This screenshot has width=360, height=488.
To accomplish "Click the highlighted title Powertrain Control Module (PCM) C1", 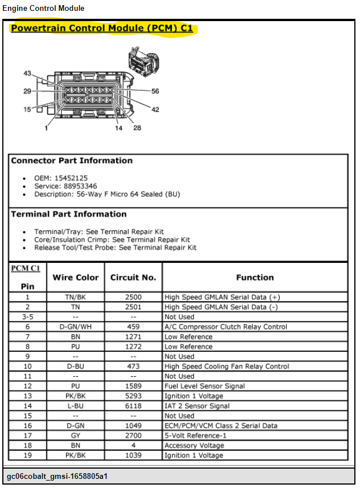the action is coord(102,29).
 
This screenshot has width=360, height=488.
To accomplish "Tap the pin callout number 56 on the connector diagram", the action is coord(155,91).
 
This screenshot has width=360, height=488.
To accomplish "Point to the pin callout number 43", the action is coord(27,73).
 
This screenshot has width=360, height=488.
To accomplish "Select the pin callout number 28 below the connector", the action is coord(137,128).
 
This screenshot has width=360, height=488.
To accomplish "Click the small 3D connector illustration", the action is coord(144,62).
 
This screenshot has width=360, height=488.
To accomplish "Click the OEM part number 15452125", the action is coord(71,178).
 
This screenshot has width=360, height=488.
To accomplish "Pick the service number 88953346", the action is coord(80,186).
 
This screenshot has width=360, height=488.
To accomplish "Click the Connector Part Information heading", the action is coord(72,161).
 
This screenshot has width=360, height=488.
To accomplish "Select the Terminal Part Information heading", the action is coord(69,214).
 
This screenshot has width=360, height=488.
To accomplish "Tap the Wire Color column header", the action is coord(76,277).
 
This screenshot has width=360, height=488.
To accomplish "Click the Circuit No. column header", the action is coord(133,277).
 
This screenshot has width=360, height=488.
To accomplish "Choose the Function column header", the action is coord(255,277).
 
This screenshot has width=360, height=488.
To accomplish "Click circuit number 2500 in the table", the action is coord(133,297).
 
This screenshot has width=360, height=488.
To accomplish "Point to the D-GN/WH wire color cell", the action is coord(76,327).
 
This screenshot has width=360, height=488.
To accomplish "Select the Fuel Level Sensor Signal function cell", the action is coord(204,386).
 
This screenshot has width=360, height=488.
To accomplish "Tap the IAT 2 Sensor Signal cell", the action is coord(197,406).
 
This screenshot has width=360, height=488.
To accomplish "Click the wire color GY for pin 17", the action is coord(76,436).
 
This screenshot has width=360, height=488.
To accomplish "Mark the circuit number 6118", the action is coord(133,406).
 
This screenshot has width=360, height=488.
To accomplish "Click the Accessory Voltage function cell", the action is coord(194,446).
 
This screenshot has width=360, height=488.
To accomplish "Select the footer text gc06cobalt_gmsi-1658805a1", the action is coord(57,477).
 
